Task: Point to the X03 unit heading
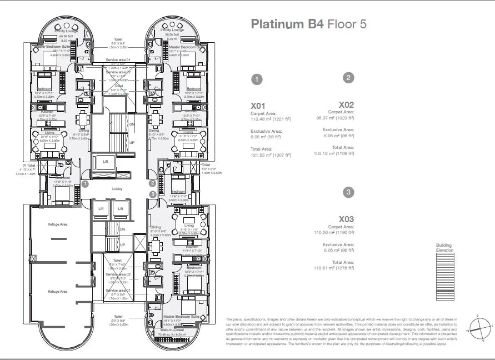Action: (x=346, y=219)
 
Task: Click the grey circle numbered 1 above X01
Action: (x=257, y=79)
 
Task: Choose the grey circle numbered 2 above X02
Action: (x=348, y=78)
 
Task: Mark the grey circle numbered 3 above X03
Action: (x=348, y=192)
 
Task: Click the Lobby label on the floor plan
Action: (x=117, y=189)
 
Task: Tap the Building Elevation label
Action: (x=444, y=248)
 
